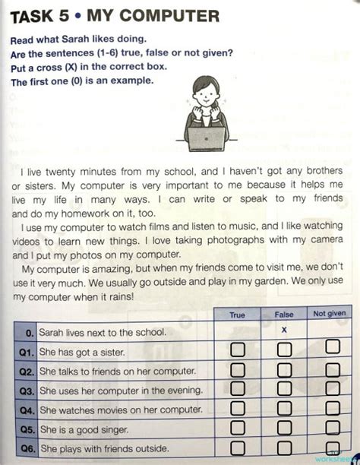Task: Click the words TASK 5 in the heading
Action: pyautogui.click(x=38, y=15)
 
